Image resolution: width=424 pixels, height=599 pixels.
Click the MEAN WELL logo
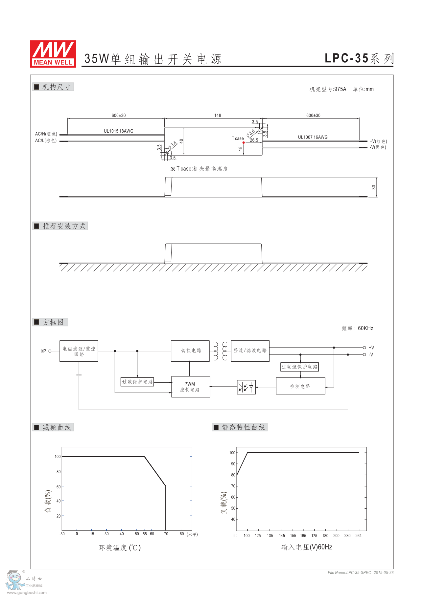coord(53,54)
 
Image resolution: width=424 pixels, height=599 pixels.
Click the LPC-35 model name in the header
coord(346,58)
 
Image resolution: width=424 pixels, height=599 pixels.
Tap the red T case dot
coord(244,142)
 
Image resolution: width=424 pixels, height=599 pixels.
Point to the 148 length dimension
coord(218,116)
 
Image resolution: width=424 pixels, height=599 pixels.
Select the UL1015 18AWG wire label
coord(119,131)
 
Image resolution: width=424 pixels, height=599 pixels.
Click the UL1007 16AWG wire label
coord(313,137)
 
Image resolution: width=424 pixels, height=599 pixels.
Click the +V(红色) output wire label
coord(378,141)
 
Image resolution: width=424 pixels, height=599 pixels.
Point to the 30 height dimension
coord(374,187)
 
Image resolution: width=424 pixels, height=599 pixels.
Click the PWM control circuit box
coord(190,387)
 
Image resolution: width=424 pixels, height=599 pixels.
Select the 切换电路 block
coord(190,351)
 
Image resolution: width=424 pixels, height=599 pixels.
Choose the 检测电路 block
coord(300,386)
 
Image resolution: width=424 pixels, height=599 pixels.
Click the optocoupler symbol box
coord(246,387)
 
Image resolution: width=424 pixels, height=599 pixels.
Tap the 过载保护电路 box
coord(137,382)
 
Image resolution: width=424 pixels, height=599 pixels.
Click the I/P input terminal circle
coord(50,351)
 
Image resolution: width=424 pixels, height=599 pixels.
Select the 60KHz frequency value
coord(365,328)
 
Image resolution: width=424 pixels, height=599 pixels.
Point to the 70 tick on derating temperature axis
coord(166,534)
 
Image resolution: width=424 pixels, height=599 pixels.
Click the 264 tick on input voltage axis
coord(358,536)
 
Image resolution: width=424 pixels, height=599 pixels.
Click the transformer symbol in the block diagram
coord(220,351)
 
